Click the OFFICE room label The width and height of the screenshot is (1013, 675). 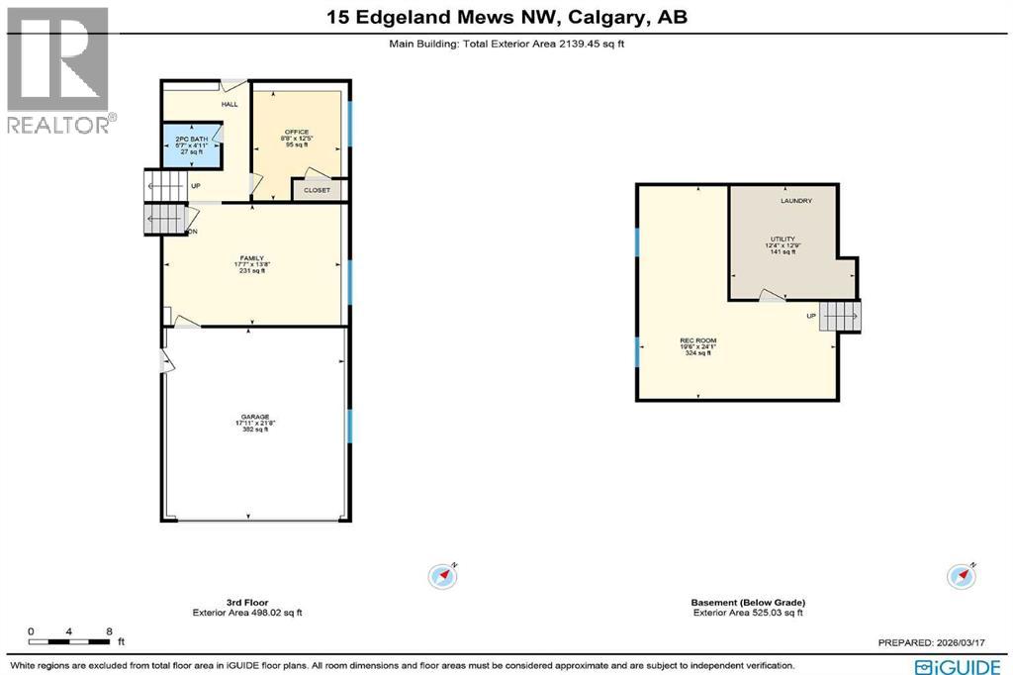coord(298,132)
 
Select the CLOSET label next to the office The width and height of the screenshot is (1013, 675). coord(317,189)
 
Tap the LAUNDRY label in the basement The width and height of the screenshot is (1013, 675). coord(795,201)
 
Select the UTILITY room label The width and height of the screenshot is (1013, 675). coord(783,240)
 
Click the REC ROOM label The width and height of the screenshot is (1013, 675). coord(697,340)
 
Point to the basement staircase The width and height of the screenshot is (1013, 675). coord(843,317)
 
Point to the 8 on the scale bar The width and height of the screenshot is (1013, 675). coord(109,630)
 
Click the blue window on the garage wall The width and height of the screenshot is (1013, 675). coord(349,426)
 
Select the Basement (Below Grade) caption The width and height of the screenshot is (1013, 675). coord(748,602)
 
